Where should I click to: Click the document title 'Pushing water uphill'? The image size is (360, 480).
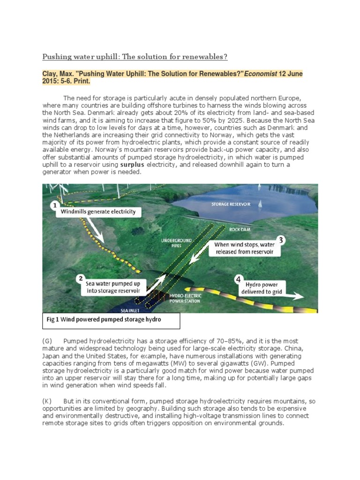pyautogui.click(x=135, y=57)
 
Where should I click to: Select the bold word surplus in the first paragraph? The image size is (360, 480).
pyautogui.click(x=133, y=165)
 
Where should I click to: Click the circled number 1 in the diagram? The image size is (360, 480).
pyautogui.click(x=54, y=205)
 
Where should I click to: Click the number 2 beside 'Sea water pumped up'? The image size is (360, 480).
pyautogui.click(x=81, y=278)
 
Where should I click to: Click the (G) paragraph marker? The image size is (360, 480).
pyautogui.click(x=47, y=341)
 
